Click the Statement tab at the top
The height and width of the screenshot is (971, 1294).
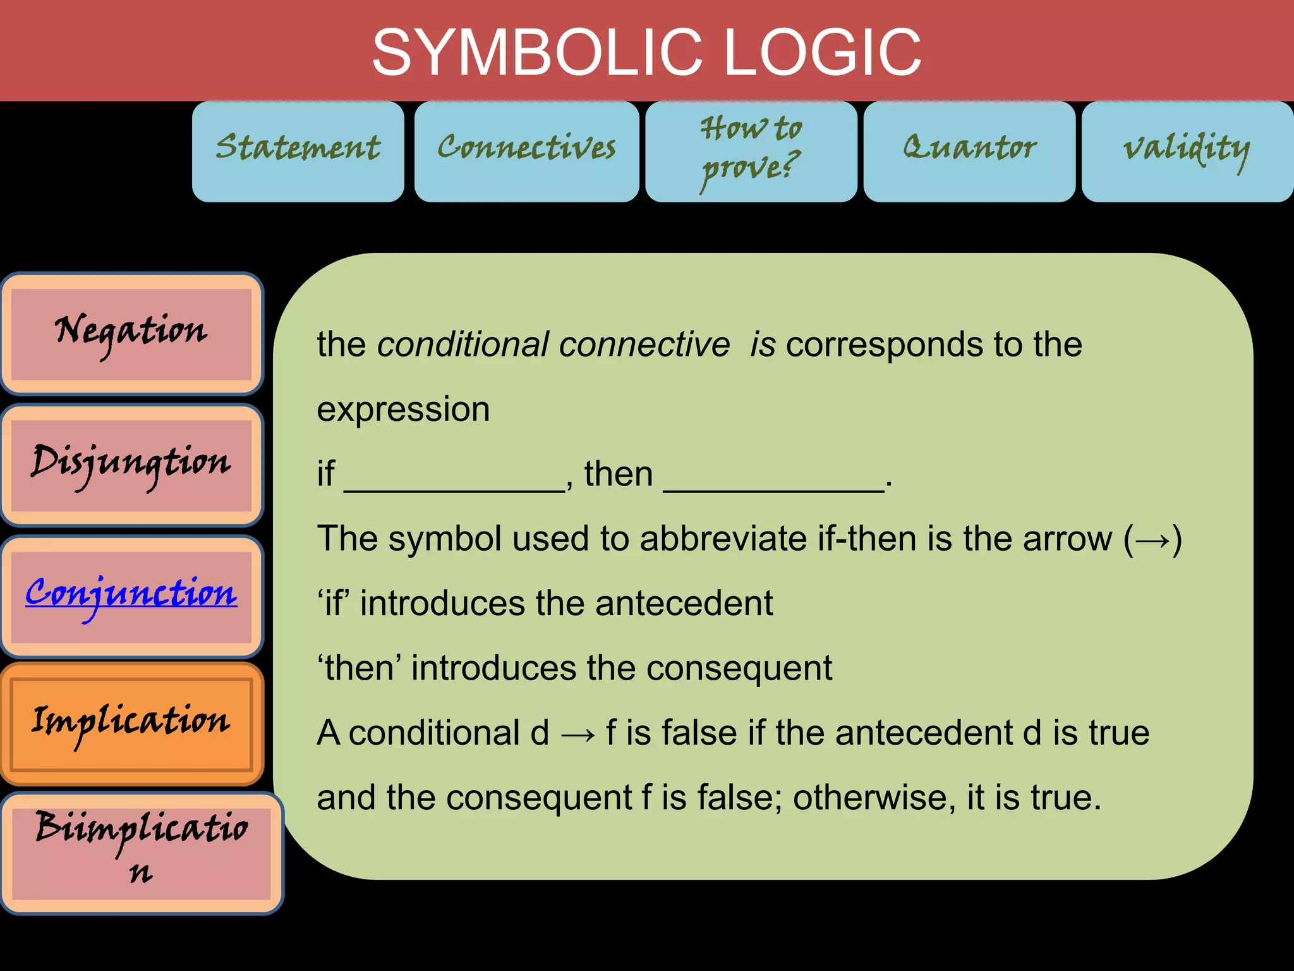coord(298,151)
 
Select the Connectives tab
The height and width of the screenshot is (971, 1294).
coord(526,151)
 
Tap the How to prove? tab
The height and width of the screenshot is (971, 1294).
coord(751,151)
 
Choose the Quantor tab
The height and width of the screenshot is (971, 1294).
coord(969,151)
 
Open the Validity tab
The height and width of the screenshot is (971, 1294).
coord(1187,151)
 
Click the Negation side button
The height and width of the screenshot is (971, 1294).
coord(131,334)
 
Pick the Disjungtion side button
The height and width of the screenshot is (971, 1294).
coord(131,465)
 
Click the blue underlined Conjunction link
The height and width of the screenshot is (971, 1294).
coord(131,594)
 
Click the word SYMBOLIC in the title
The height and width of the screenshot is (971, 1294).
coord(537,52)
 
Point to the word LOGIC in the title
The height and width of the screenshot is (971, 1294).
coord(822,52)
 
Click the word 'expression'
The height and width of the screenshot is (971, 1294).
coord(403,410)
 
